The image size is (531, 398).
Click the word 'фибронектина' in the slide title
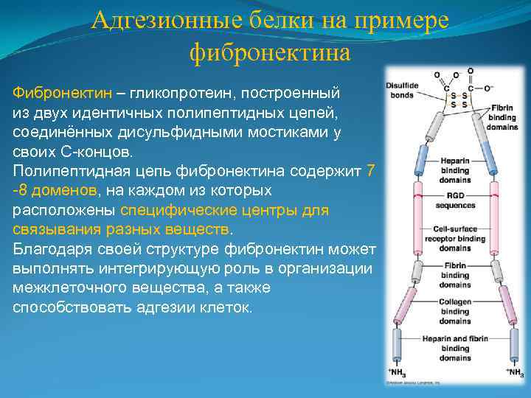(270, 52)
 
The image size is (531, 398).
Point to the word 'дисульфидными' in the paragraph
(181, 133)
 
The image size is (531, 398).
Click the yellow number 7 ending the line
(371, 171)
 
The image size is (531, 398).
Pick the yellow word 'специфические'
(173, 209)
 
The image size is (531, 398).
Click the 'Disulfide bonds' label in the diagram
(402, 90)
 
